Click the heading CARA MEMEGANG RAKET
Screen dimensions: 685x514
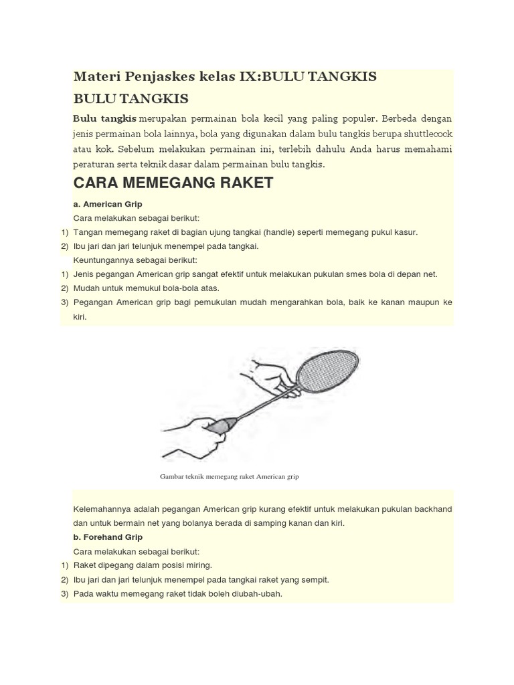pyautogui.click(x=173, y=183)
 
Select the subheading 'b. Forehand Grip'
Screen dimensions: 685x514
pyautogui.click(x=108, y=537)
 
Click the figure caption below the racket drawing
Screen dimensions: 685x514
pyautogui.click(x=229, y=477)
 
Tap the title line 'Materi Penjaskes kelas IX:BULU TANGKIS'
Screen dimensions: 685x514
pyautogui.click(x=225, y=77)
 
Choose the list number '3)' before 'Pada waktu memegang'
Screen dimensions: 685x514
pyautogui.click(x=65, y=593)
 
